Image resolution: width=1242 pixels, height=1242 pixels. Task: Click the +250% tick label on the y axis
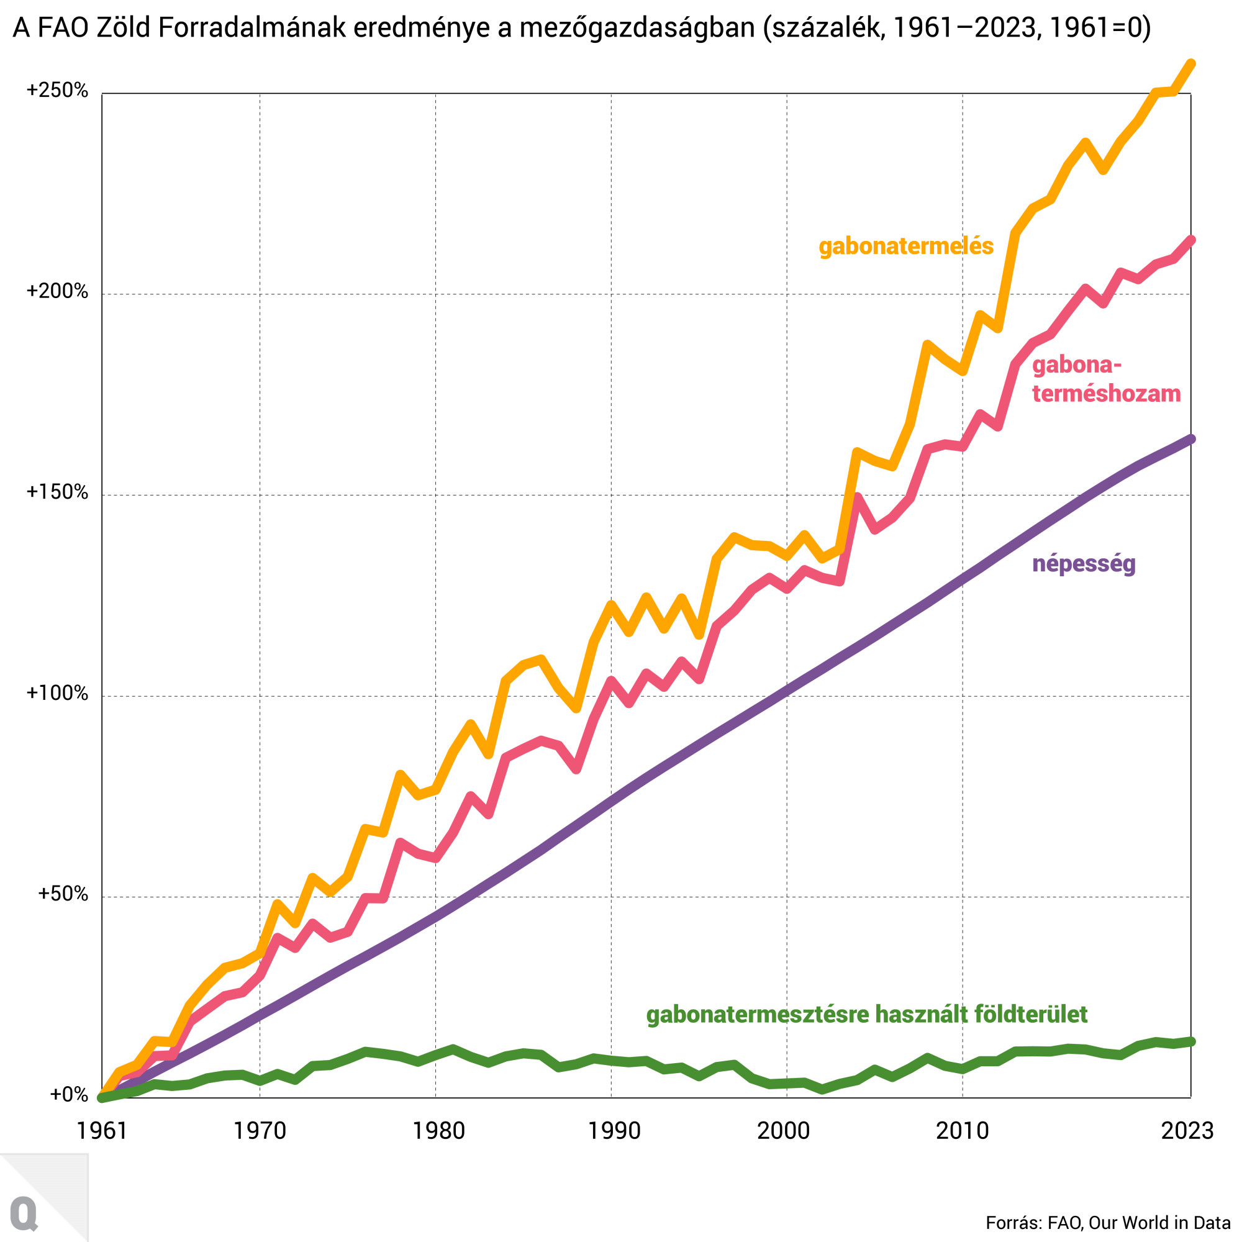(x=57, y=91)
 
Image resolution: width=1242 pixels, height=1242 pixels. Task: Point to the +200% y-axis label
(x=57, y=292)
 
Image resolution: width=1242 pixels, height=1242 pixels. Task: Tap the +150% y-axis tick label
(x=57, y=492)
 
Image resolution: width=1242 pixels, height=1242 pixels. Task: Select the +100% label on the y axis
(x=57, y=693)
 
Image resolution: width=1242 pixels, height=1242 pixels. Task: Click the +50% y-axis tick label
(x=62, y=894)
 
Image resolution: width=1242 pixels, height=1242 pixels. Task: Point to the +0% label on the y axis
(x=68, y=1095)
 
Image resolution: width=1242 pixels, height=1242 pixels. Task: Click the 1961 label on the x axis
(x=102, y=1131)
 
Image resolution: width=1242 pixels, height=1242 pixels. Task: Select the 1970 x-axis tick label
(x=259, y=1131)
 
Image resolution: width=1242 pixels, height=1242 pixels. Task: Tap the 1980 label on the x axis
(x=438, y=1131)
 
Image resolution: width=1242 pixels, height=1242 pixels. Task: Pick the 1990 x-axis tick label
(x=614, y=1131)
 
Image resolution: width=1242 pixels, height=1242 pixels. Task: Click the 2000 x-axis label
(x=783, y=1131)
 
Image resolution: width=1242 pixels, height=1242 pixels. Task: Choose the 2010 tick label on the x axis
(x=962, y=1131)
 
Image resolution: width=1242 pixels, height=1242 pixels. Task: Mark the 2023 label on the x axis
(x=1187, y=1131)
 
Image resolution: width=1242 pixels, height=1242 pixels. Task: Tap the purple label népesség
(x=1083, y=564)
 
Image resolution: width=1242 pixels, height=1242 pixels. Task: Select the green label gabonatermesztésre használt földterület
(x=866, y=1015)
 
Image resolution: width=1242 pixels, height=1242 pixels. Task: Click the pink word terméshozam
(x=1106, y=394)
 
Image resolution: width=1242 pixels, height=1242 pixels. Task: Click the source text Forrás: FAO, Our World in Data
(x=1107, y=1223)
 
